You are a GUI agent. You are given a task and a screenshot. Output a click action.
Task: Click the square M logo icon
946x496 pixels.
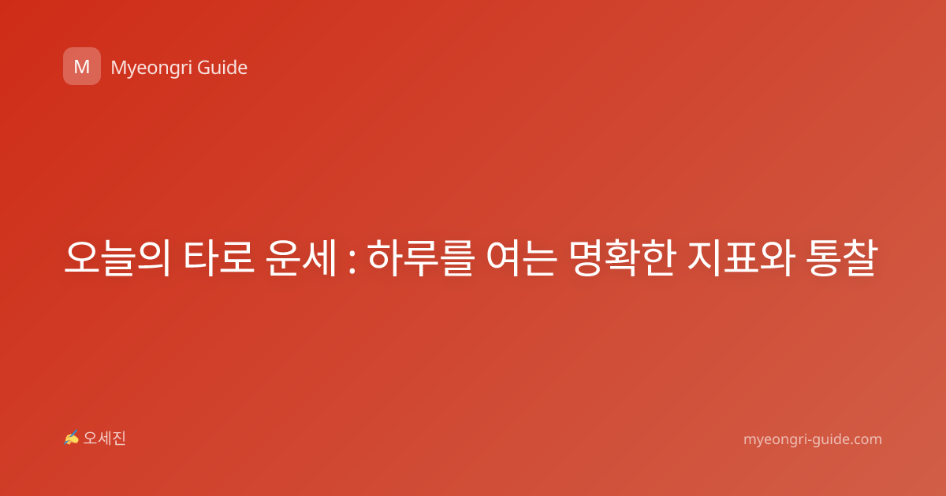click(x=82, y=66)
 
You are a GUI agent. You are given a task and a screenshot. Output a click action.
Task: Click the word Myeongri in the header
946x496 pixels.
click(x=151, y=68)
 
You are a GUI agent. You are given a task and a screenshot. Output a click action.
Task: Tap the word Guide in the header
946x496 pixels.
click(x=222, y=68)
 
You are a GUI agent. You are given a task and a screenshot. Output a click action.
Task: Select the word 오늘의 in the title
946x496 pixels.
click(x=117, y=257)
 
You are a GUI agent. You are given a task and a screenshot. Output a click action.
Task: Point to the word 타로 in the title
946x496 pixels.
click(x=219, y=257)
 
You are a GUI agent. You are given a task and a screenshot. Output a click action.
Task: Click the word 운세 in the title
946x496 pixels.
click(x=301, y=257)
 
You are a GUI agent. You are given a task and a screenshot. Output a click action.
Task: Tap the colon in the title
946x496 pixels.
click(x=352, y=259)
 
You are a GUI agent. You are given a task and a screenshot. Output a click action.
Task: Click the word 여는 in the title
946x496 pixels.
click(x=520, y=257)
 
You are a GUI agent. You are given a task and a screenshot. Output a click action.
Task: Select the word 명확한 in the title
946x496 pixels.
click(x=621, y=257)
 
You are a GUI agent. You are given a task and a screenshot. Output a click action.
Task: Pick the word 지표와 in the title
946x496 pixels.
click(x=739, y=257)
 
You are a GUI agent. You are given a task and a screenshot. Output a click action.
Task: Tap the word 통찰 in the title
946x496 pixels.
click(x=841, y=257)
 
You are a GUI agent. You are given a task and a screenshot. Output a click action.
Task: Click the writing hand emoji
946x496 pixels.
click(x=71, y=438)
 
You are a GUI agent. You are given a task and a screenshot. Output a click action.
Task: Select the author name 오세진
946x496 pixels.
click(x=104, y=439)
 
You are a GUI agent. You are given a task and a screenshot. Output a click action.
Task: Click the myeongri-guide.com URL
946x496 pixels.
click(x=813, y=439)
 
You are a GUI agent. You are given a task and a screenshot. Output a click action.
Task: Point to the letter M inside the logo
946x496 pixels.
click(x=82, y=67)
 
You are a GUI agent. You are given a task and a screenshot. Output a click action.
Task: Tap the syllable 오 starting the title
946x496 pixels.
click(x=81, y=257)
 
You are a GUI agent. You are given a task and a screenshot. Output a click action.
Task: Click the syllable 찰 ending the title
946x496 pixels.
click(x=860, y=257)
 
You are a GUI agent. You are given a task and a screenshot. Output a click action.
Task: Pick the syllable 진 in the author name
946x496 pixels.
click(x=119, y=439)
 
